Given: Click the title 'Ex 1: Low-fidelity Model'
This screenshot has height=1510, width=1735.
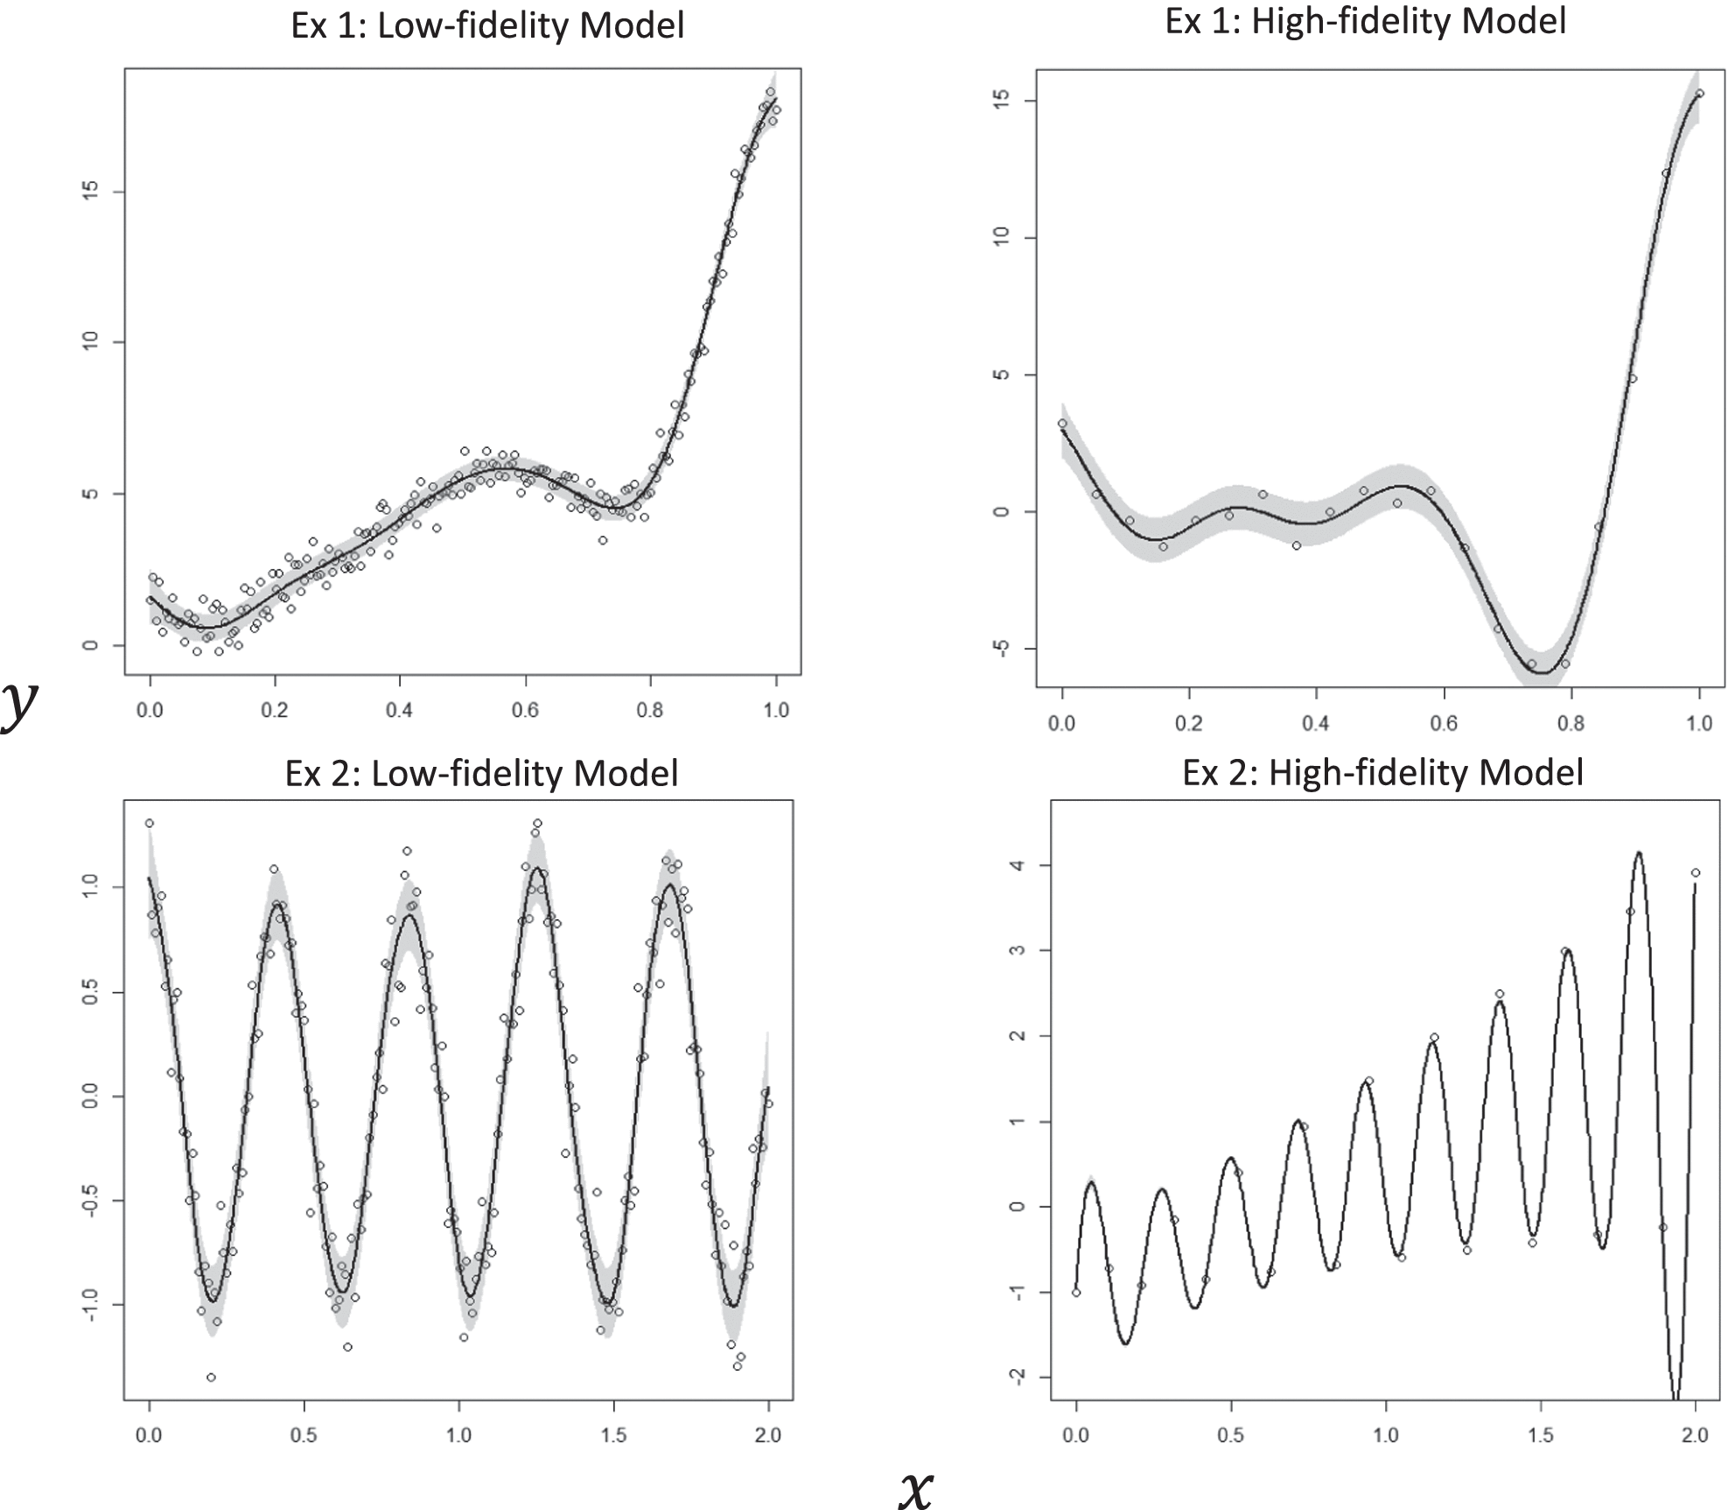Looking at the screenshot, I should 487,25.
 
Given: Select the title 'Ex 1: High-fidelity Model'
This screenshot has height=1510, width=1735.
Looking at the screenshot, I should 1366,21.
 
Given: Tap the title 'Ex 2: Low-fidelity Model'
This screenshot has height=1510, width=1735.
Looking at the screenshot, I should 481,773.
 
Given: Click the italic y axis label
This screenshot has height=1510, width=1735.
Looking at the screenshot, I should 19,705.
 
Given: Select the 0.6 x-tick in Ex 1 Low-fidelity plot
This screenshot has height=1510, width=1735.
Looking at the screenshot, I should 526,709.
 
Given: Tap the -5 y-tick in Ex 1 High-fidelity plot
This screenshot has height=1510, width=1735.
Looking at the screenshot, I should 1003,649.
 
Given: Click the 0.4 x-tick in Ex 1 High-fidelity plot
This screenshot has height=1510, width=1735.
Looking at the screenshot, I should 1316,723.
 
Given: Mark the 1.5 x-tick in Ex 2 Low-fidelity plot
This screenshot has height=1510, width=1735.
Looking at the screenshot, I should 614,1435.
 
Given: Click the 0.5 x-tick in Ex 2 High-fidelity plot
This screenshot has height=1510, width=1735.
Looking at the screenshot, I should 1231,1435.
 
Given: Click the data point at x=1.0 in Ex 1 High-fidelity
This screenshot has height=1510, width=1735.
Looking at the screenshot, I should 1699,94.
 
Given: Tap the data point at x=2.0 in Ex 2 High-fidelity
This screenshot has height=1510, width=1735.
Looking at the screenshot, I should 1695,873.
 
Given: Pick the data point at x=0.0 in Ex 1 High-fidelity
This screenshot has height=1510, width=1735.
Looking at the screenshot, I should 1062,424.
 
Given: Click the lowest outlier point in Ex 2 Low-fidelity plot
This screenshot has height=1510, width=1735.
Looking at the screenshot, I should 211,1377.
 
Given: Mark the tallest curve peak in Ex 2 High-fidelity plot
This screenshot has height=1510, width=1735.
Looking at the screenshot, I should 1638,853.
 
